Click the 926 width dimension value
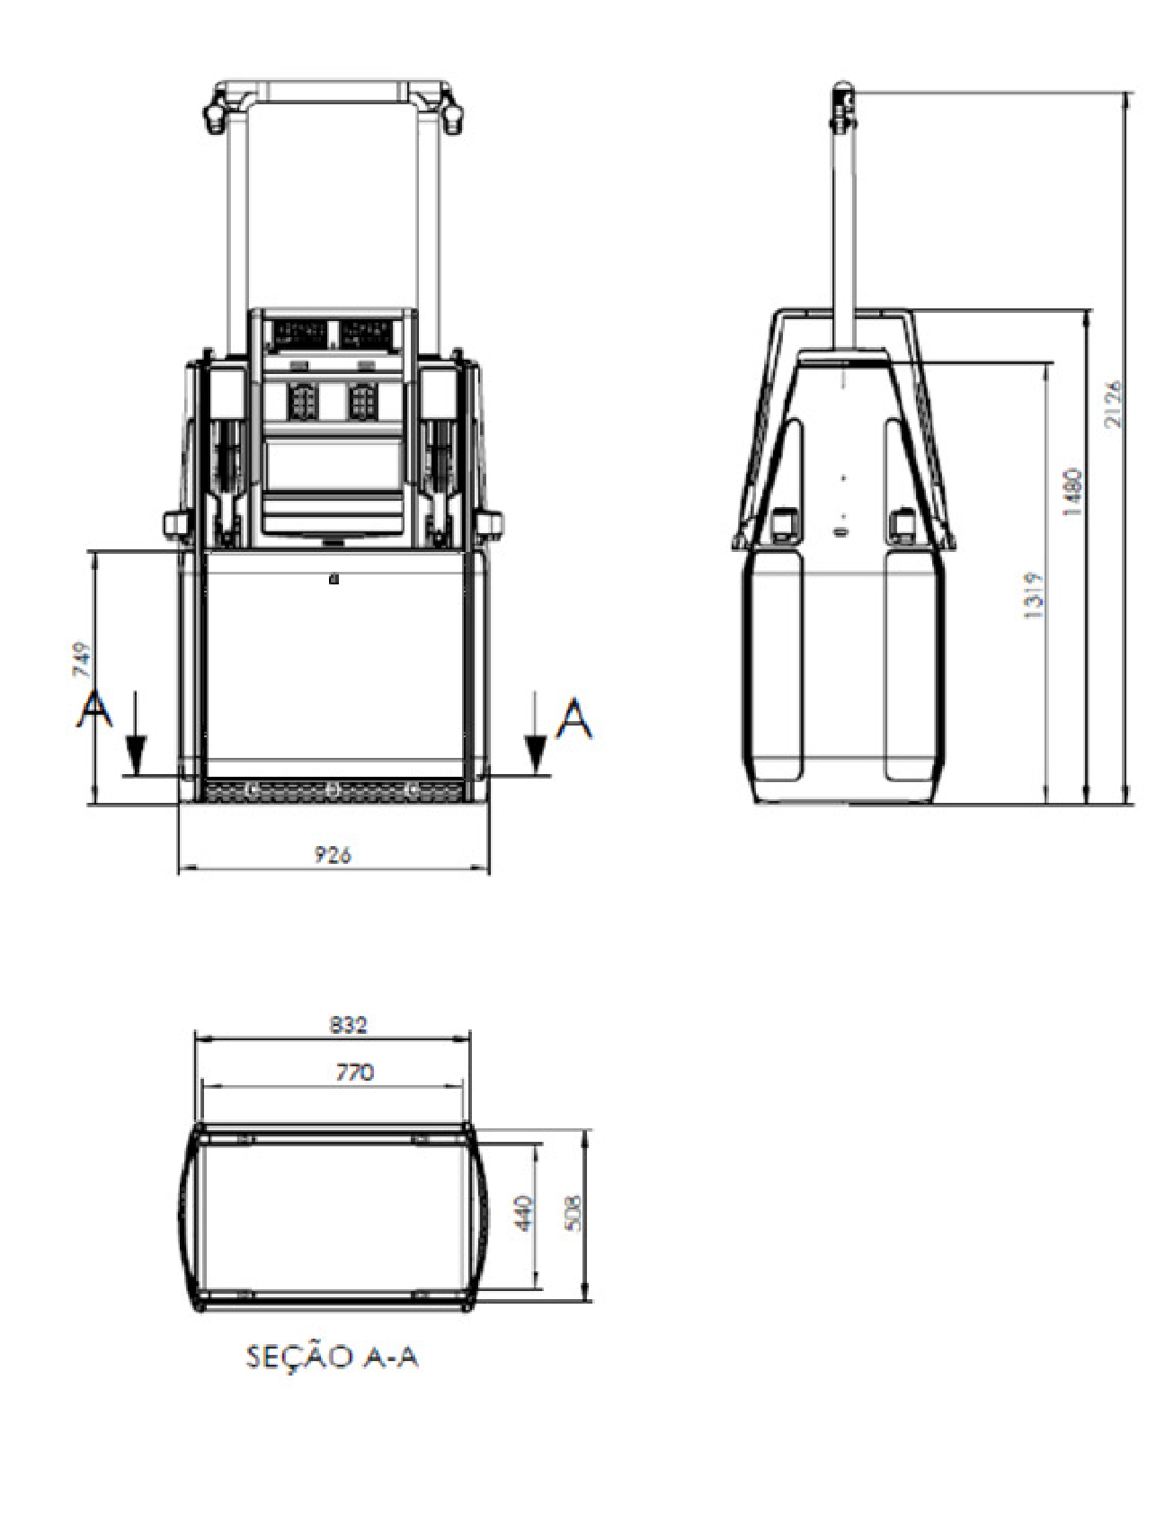pyautogui.click(x=333, y=855)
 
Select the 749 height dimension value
pyautogui.click(x=83, y=659)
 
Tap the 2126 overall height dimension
pyautogui.click(x=1113, y=405)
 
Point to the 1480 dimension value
pyautogui.click(x=1072, y=492)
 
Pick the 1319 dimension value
pyautogui.click(x=1033, y=595)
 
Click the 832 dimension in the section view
pyautogui.click(x=349, y=1024)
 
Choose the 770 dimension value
pyautogui.click(x=355, y=1073)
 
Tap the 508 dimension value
pyautogui.click(x=575, y=1213)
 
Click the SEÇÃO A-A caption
pyautogui.click(x=333, y=1357)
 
